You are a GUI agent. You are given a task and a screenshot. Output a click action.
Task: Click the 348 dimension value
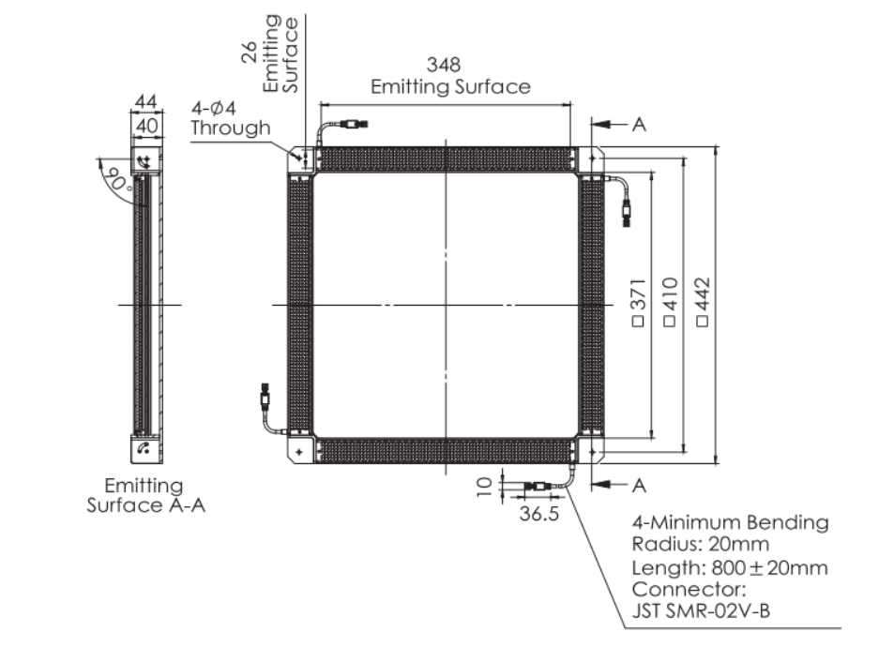tap(444, 65)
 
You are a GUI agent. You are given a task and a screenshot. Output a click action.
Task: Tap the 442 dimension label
tap(703, 302)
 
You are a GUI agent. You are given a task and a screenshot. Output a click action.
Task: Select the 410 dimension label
tap(671, 302)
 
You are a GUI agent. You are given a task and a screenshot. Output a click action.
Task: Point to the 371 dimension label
tap(639, 303)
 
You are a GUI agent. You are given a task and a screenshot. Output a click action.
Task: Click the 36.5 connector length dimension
tap(538, 514)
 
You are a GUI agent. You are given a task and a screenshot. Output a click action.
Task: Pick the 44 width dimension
tap(146, 102)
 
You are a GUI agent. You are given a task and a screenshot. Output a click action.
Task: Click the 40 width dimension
tap(147, 126)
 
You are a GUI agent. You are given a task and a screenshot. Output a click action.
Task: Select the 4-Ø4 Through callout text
tap(231, 118)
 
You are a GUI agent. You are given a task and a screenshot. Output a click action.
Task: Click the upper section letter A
tap(639, 124)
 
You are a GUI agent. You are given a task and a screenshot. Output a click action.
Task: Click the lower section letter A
tap(639, 486)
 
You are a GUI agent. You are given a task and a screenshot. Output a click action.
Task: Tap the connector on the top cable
tap(354, 124)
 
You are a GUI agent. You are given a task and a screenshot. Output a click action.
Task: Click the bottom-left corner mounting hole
tap(298, 452)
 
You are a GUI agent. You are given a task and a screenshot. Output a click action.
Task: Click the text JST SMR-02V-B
tap(701, 610)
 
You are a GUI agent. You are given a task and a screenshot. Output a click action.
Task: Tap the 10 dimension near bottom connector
tap(483, 487)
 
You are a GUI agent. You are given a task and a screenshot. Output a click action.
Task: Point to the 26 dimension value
tap(249, 52)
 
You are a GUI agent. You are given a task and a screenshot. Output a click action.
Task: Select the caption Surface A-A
tap(146, 505)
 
